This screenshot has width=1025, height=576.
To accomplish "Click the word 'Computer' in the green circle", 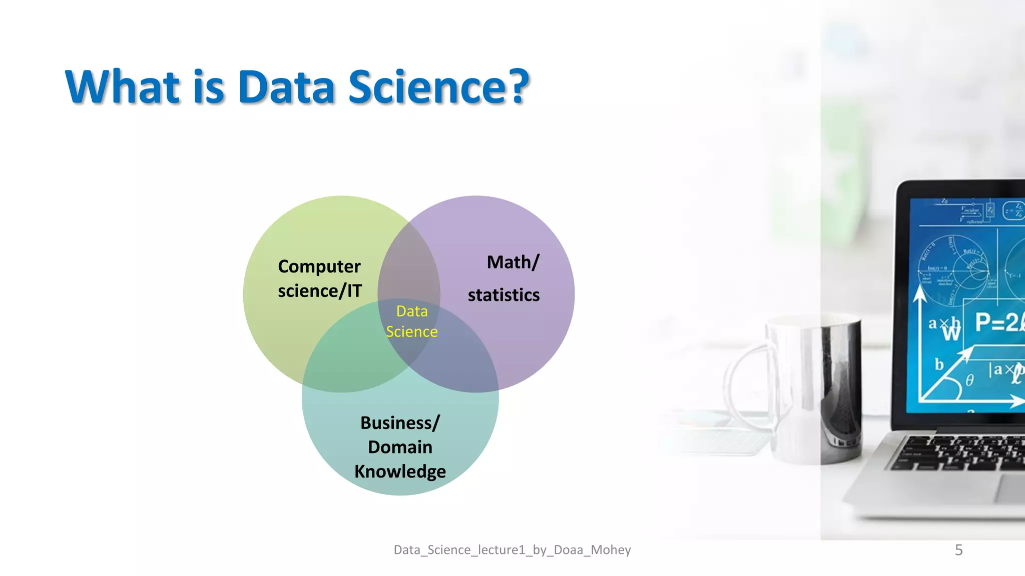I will tap(319, 267).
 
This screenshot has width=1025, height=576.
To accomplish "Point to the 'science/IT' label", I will tap(319, 291).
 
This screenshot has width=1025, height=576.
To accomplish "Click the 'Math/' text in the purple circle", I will tap(513, 262).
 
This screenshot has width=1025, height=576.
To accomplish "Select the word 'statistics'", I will tap(503, 295).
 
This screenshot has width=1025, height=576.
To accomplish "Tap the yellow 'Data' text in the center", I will tap(412, 311).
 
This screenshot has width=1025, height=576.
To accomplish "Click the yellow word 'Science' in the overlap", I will tap(411, 332).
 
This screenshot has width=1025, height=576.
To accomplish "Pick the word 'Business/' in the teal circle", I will tap(400, 423).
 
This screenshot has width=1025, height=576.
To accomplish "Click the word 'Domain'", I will tap(400, 447).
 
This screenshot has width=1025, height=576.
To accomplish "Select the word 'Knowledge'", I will tap(400, 471).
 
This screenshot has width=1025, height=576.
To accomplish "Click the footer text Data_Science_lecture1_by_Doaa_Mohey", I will tap(512, 550).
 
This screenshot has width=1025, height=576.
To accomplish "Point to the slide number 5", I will tap(958, 550).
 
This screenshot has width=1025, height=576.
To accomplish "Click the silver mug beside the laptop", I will tap(816, 385).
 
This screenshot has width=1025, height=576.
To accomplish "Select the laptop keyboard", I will tap(961, 452).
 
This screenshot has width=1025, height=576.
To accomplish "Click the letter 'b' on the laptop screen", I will tap(939, 364).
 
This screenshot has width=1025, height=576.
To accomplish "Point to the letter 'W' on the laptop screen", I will tap(951, 333).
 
